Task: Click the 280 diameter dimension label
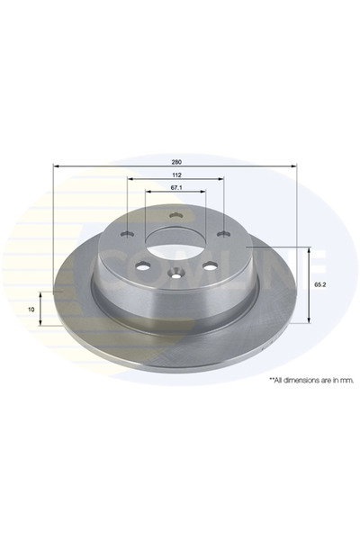[x=176, y=162]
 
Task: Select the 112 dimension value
[x=176, y=175]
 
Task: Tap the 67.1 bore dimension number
[x=176, y=188]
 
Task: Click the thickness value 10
[x=31, y=310]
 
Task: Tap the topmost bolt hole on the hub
[x=175, y=216]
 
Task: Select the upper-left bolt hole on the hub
[x=127, y=234]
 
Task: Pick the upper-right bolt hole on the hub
[x=223, y=234]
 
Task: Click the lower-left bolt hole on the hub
[x=142, y=265]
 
